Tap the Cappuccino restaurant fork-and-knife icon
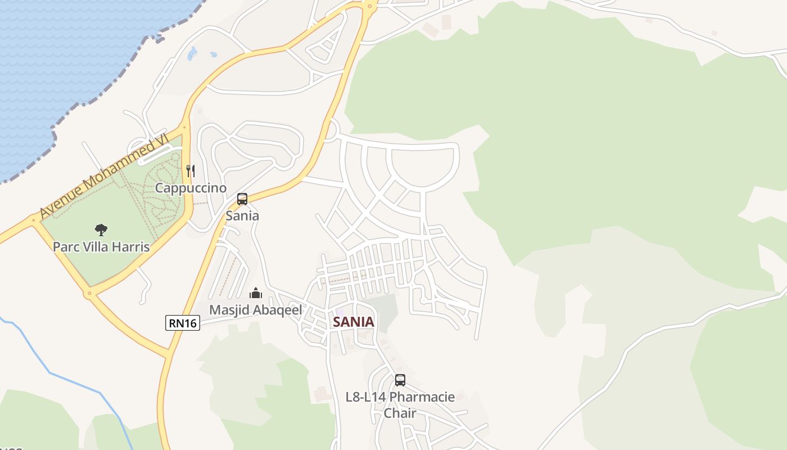(x=191, y=170)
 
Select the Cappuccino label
(x=191, y=188)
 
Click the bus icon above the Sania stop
(x=242, y=199)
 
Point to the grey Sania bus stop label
(x=242, y=215)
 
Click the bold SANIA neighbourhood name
(x=353, y=322)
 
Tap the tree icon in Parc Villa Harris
(x=101, y=229)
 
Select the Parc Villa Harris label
(x=101, y=246)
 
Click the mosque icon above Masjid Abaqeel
(x=256, y=293)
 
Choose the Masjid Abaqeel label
(x=256, y=310)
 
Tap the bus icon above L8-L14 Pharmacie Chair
(x=400, y=380)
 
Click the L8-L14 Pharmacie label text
(x=400, y=397)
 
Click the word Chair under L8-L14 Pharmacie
(x=400, y=413)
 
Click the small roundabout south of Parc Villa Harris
(x=88, y=293)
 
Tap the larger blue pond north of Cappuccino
(x=192, y=53)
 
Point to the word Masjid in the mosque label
(x=227, y=310)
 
